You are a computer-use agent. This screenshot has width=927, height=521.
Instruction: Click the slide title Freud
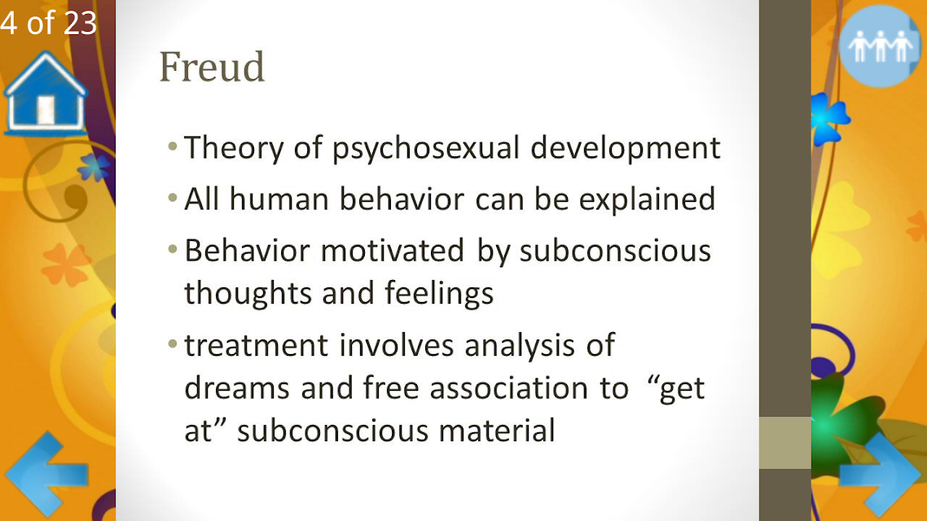212,67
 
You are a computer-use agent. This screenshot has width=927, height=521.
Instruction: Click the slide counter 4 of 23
49,23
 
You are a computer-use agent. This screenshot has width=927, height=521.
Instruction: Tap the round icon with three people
880,46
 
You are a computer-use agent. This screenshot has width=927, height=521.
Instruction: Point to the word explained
647,199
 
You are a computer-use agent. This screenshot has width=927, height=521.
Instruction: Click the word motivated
393,251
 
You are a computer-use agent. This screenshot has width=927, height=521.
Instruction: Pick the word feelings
439,294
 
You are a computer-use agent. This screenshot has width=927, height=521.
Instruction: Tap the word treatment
256,345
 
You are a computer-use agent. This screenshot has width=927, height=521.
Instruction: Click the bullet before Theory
173,146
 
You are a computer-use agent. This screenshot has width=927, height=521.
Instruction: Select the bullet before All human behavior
173,198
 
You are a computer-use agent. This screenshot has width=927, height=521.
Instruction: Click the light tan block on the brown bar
785,443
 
